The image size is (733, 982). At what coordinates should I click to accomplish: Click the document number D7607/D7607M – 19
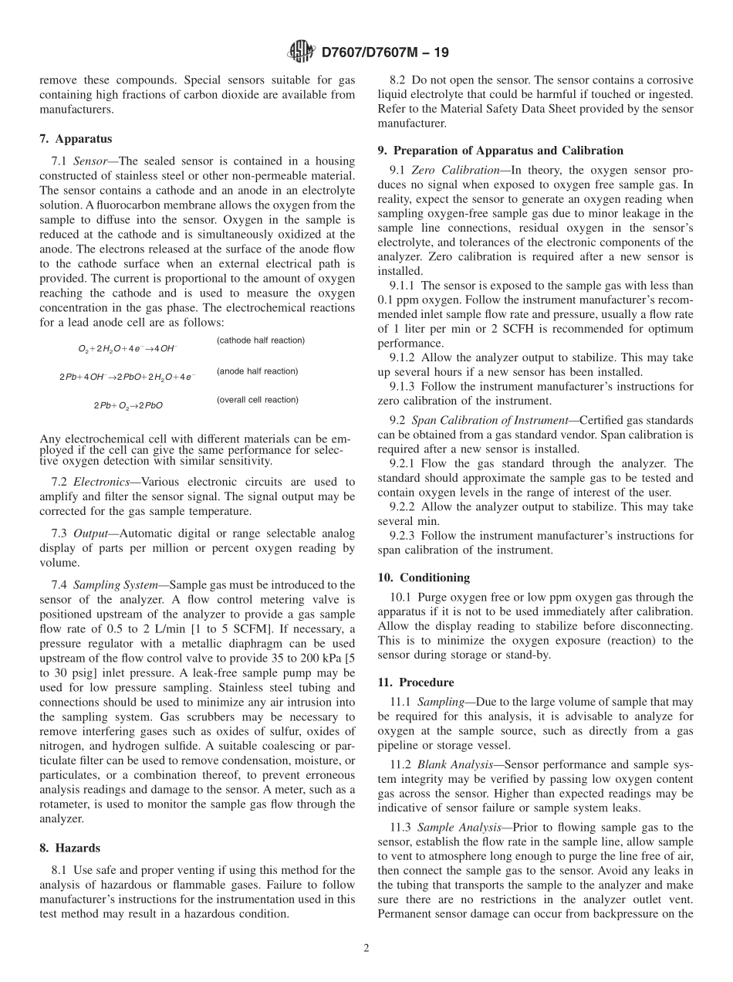point(383,52)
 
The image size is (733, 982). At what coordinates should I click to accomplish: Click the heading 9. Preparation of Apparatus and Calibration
point(500,151)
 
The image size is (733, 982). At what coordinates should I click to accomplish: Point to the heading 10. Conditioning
point(424,577)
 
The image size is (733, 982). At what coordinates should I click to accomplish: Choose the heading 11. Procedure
point(416,682)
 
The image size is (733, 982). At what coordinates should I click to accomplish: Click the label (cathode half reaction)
point(260,340)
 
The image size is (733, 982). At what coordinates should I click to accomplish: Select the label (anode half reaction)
point(257,371)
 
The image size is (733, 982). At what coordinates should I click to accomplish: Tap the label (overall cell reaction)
point(257,400)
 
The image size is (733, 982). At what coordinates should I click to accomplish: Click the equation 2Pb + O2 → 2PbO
point(128,405)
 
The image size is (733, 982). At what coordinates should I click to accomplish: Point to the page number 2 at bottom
point(366,949)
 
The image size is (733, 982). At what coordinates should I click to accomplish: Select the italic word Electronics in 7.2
point(100,482)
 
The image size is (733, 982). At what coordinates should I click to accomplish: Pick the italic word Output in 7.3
point(90,533)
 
